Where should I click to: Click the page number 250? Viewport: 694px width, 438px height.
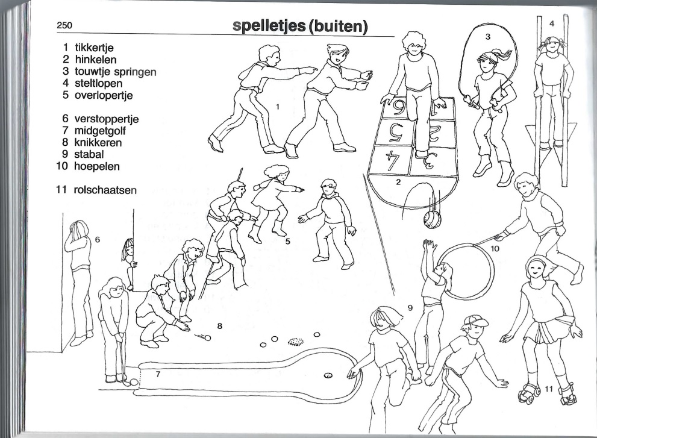click(x=64, y=25)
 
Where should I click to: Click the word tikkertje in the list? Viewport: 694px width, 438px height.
click(x=94, y=48)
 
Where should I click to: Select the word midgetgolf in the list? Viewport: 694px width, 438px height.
click(x=100, y=131)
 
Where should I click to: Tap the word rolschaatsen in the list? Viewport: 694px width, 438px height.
click(x=105, y=190)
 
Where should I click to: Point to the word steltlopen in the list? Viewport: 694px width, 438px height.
click(x=98, y=83)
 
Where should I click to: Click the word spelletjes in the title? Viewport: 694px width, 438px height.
click(x=269, y=27)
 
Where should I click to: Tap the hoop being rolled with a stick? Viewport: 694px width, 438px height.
click(x=466, y=272)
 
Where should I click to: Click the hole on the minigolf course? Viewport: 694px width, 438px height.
click(x=328, y=375)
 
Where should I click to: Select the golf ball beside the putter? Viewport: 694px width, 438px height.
click(x=134, y=382)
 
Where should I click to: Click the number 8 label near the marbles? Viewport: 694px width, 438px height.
click(x=219, y=327)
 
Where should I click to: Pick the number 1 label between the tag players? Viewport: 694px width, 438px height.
click(x=278, y=107)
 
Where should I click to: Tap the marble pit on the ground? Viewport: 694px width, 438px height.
click(x=296, y=342)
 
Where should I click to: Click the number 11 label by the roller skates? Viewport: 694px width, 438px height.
click(x=549, y=389)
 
